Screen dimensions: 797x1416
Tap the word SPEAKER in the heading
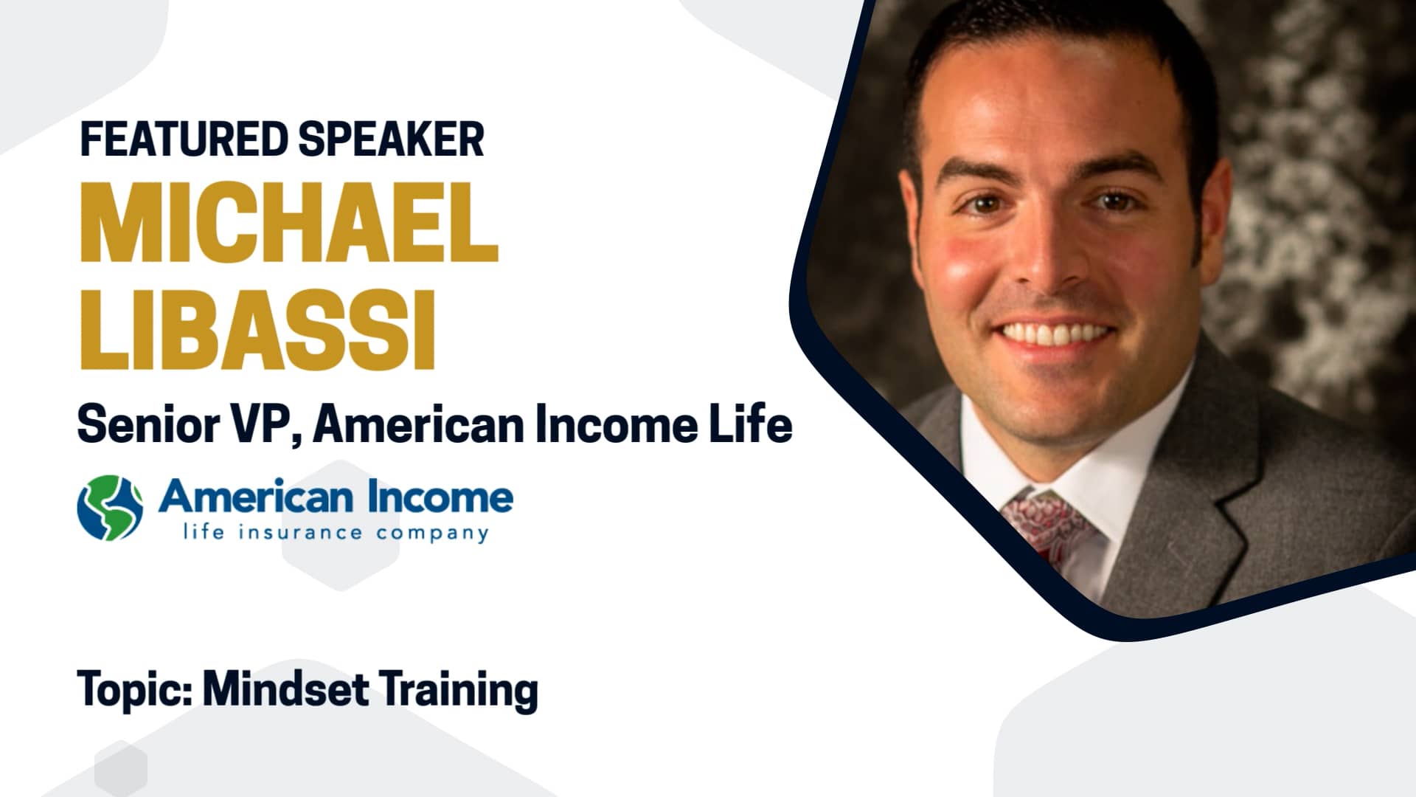[392, 139]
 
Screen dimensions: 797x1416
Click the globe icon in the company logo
[110, 507]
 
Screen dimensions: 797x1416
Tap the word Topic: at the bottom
[135, 689]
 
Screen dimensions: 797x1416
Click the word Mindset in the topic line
[285, 689]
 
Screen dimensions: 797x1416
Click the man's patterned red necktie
[1047, 524]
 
